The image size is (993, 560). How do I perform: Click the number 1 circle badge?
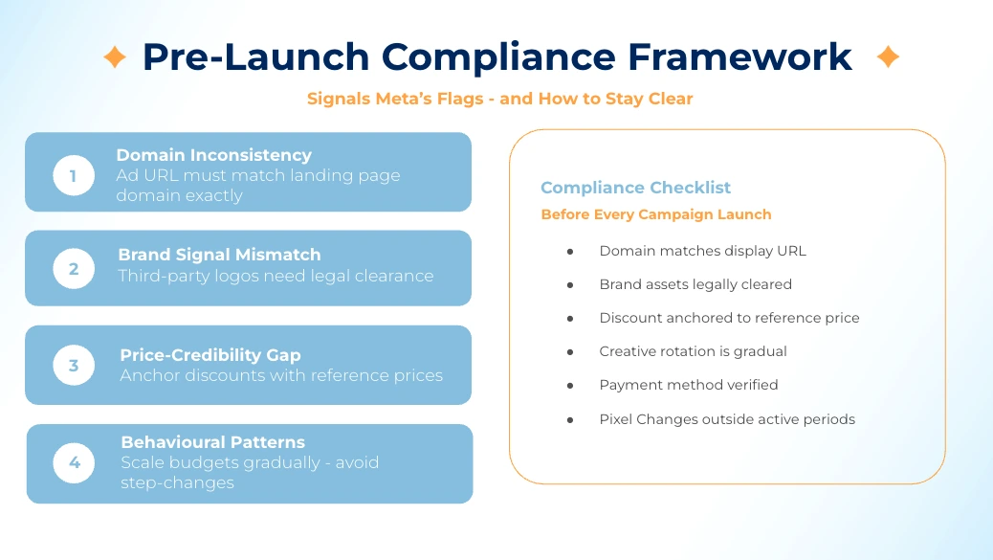74,175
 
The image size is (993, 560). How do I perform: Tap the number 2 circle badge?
74,269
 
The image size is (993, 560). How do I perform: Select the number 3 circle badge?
74,366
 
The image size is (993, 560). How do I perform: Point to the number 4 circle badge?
74,463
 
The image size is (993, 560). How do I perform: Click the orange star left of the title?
115,57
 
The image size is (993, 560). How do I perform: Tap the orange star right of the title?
888,57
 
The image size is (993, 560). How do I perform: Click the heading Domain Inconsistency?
213,155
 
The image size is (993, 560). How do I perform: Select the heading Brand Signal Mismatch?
219,255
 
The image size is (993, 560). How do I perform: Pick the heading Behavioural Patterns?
212,442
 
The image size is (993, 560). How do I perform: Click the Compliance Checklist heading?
635,188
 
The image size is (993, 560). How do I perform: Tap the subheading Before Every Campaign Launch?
655,214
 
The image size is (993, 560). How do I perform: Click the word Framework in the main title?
739,57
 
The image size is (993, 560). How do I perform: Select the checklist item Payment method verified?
688,385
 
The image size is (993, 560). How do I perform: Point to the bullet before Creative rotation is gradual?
570,351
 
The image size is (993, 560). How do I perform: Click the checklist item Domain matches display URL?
702,251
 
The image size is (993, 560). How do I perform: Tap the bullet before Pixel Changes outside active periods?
570,419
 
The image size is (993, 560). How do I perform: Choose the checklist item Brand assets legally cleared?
695,284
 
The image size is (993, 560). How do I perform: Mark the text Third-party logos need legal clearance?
276,276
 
